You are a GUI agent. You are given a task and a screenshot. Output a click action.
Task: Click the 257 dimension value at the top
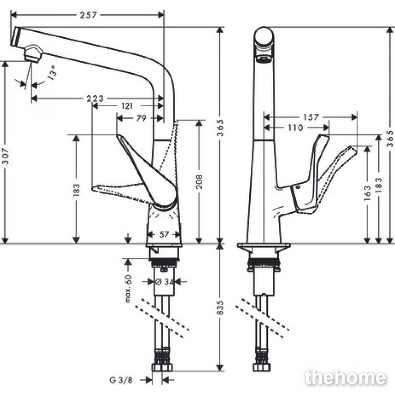click(x=88, y=15)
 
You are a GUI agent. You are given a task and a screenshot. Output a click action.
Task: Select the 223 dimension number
click(x=95, y=98)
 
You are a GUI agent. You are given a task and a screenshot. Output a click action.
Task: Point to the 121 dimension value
click(x=127, y=106)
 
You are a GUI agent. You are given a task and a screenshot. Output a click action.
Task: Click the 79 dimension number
click(x=141, y=118)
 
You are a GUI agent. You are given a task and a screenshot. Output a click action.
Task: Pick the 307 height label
click(x=5, y=156)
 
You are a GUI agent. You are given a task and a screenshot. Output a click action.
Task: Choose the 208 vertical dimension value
click(x=199, y=182)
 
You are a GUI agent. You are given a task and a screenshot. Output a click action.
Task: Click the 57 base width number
click(x=164, y=235)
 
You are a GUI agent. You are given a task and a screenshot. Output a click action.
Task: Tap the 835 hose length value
click(x=220, y=307)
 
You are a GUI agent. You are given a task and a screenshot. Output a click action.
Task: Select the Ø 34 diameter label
click(x=165, y=282)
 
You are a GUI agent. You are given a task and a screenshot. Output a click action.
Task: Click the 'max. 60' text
click(x=128, y=288)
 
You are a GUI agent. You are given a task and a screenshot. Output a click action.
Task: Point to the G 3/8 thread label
click(x=121, y=380)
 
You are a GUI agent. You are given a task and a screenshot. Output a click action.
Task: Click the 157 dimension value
click(x=311, y=117)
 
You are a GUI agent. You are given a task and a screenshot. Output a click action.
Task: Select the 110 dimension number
click(x=295, y=128)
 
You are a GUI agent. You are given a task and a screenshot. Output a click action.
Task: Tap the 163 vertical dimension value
click(x=367, y=193)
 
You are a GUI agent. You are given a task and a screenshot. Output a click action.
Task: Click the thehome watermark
click(x=345, y=377)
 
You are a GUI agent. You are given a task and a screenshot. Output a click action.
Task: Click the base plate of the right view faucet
click(x=264, y=245)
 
